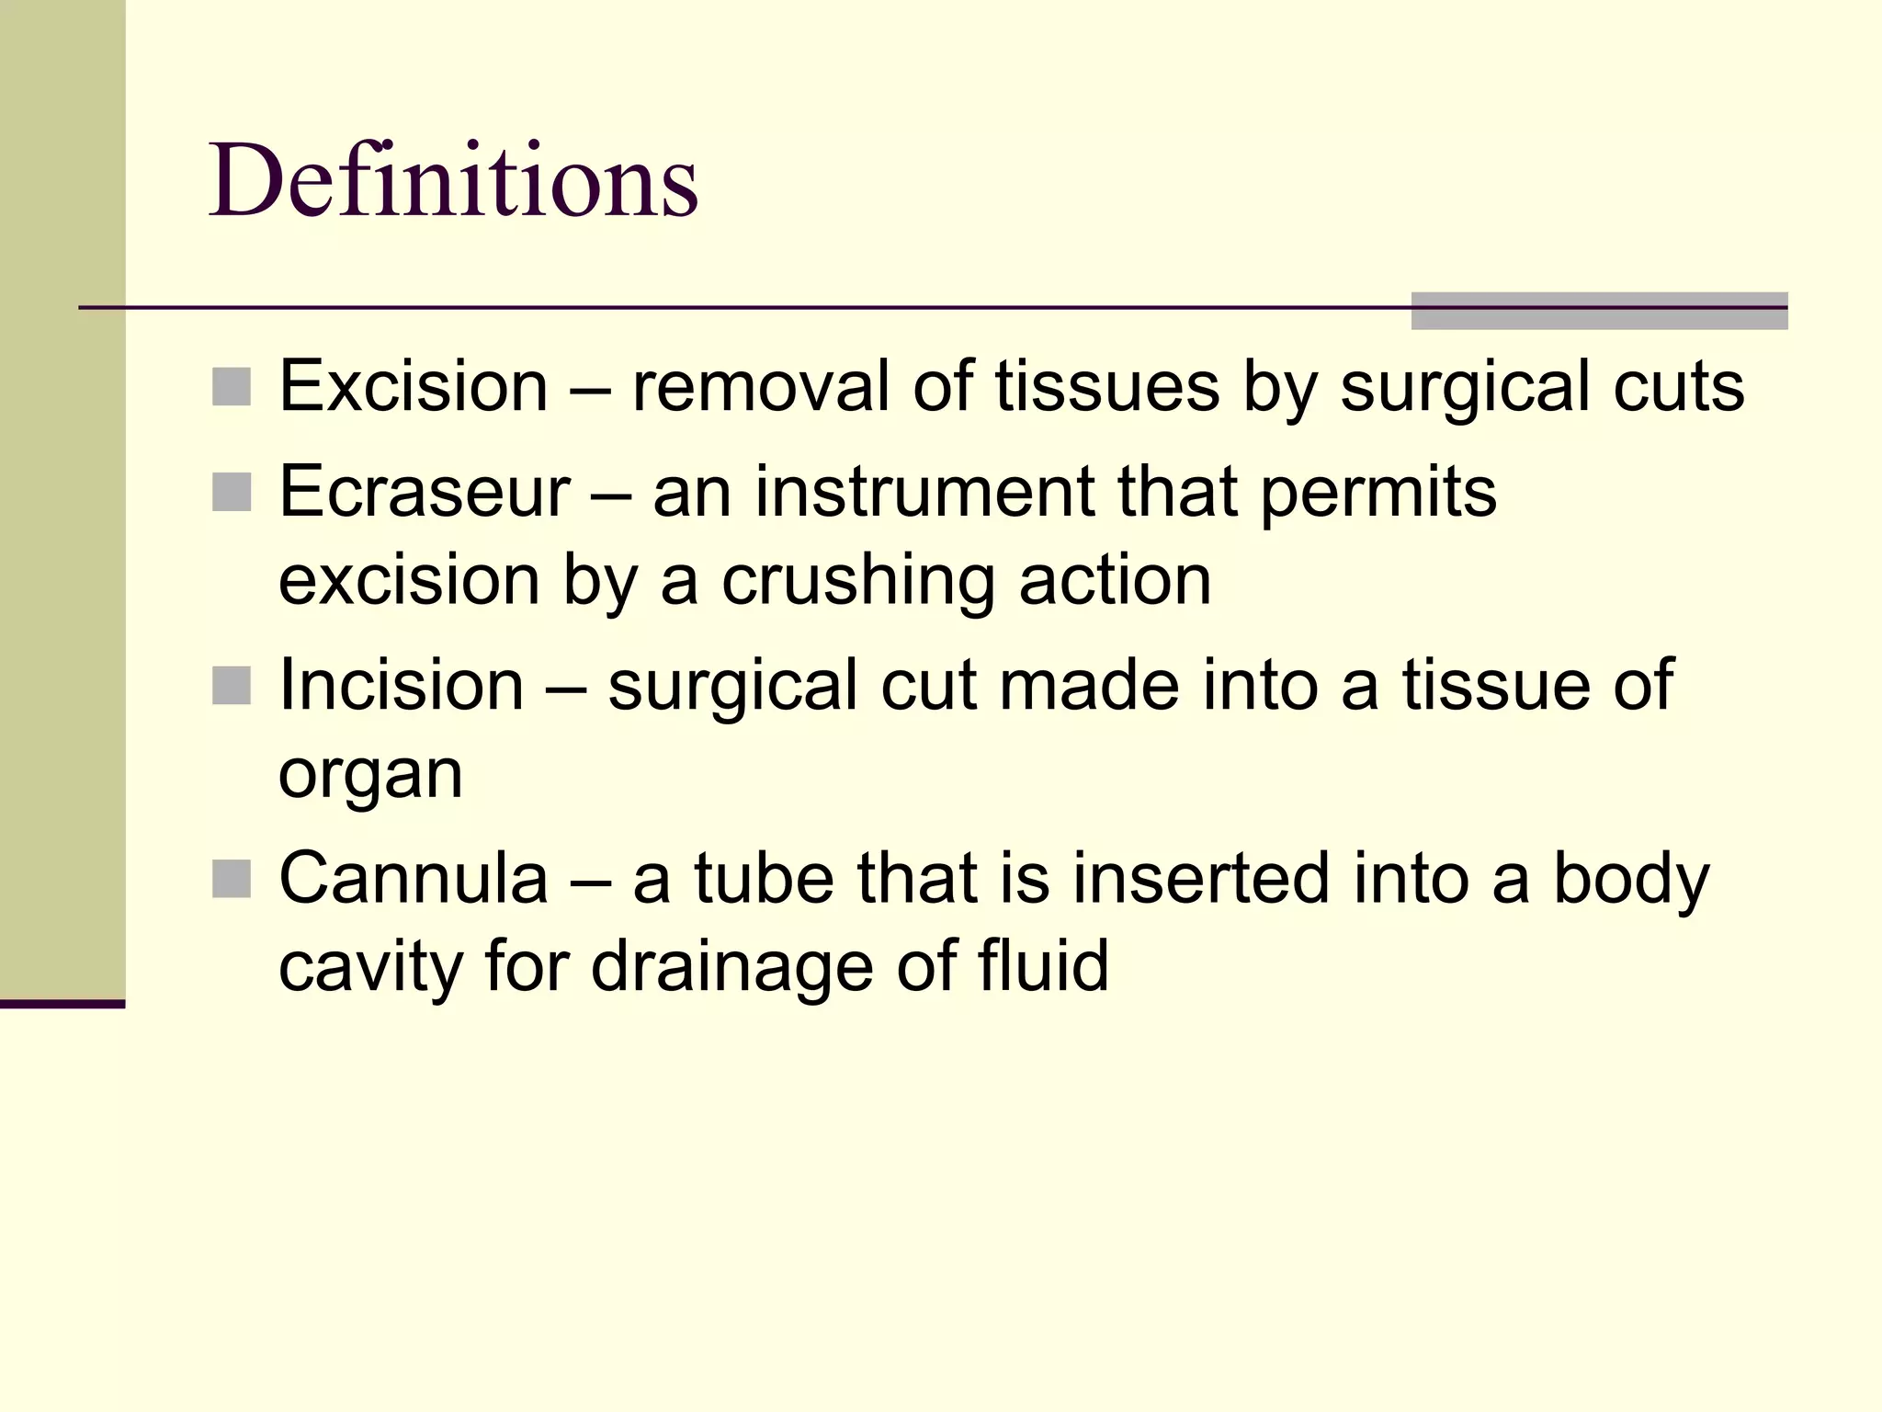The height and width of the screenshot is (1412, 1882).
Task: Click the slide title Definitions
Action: point(453,180)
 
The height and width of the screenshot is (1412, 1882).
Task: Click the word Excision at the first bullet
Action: point(414,386)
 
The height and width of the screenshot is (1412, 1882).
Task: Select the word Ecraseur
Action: point(425,492)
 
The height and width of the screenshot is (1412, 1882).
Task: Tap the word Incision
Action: point(402,685)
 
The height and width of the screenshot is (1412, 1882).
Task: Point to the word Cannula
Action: point(414,878)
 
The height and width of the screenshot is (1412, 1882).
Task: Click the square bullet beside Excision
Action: point(232,387)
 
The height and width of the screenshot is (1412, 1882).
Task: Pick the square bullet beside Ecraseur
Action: point(232,493)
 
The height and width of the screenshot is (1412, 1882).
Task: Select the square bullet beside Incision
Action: point(232,686)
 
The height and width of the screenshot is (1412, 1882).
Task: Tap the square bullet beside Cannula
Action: point(232,879)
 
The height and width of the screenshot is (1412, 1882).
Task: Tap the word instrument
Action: point(924,492)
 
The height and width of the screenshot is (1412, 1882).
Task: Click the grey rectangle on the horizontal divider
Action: point(1599,311)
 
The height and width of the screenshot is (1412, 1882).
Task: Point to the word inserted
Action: point(1201,878)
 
